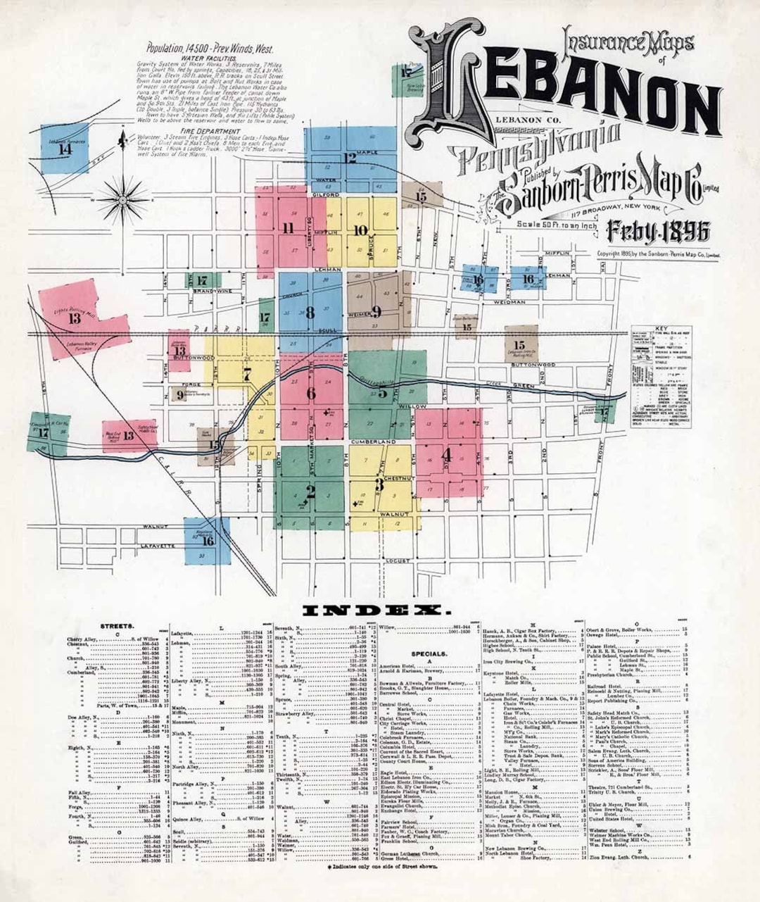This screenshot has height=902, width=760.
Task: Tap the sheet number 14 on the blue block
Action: pyautogui.click(x=65, y=149)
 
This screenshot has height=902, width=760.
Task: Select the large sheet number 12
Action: pyautogui.click(x=350, y=158)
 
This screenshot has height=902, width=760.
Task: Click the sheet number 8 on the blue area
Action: pyautogui.click(x=309, y=314)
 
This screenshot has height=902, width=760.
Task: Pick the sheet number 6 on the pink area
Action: pyautogui.click(x=310, y=393)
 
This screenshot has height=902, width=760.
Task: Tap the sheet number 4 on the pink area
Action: pyautogui.click(x=446, y=456)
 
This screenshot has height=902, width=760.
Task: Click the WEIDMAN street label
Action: pyautogui.click(x=509, y=302)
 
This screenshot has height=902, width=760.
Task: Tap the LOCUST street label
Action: pyautogui.click(x=397, y=560)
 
